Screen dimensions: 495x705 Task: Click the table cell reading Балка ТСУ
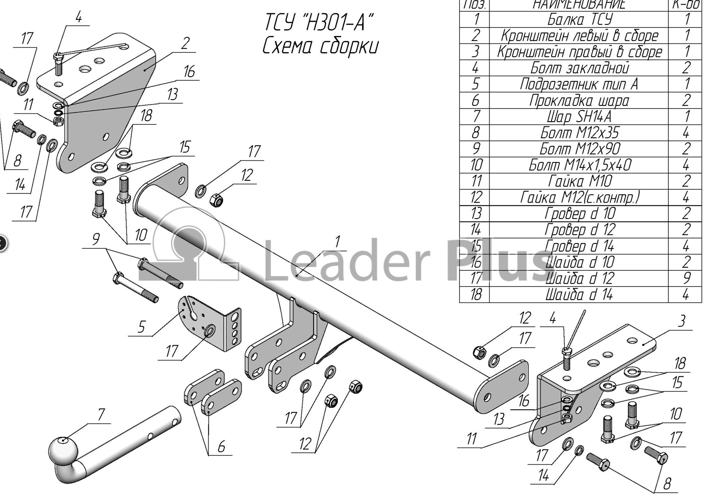pyautogui.click(x=580, y=20)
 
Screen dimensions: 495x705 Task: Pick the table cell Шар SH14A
pyautogui.click(x=580, y=117)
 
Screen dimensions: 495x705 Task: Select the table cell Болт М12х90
pyautogui.click(x=580, y=149)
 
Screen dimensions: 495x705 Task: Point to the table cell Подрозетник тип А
pyautogui.click(x=580, y=84)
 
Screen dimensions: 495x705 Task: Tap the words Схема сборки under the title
pyautogui.click(x=320, y=47)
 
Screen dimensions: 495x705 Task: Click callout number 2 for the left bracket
pyautogui.click(x=185, y=44)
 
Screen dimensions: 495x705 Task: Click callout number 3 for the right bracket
pyautogui.click(x=681, y=321)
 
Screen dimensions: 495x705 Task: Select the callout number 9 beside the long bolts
pyautogui.click(x=96, y=239)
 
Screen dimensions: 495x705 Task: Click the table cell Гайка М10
pyautogui.click(x=580, y=181)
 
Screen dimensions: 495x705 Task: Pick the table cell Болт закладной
pyautogui.click(x=580, y=68)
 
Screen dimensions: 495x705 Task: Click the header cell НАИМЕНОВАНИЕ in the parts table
pyautogui.click(x=580, y=5)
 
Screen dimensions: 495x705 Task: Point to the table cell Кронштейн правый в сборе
pyautogui.click(x=580, y=52)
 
